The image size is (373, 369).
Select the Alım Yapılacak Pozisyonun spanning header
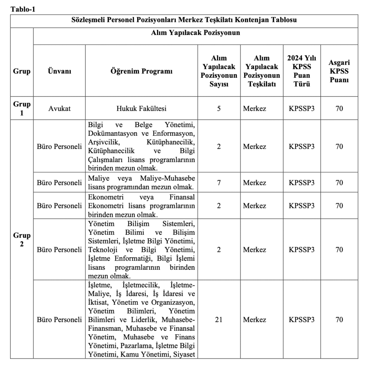point(196,33)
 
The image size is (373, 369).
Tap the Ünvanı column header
point(59,71)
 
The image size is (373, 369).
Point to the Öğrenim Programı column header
point(141,71)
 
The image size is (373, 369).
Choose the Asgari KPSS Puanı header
point(339,71)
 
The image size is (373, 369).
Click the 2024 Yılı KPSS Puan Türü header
point(302,71)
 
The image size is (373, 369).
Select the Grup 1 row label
point(22,108)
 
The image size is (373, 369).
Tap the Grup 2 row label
point(22,239)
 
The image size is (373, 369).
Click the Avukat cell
point(59,108)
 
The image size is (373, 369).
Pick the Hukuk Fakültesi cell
point(141,108)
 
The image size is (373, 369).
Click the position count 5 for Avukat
point(219,108)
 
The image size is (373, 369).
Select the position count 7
point(219,182)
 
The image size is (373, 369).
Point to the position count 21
point(219,320)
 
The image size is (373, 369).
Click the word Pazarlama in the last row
point(138,345)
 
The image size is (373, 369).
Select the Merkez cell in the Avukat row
point(255,108)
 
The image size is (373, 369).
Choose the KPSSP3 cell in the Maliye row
point(302,182)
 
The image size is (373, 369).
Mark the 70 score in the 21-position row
point(339,320)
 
